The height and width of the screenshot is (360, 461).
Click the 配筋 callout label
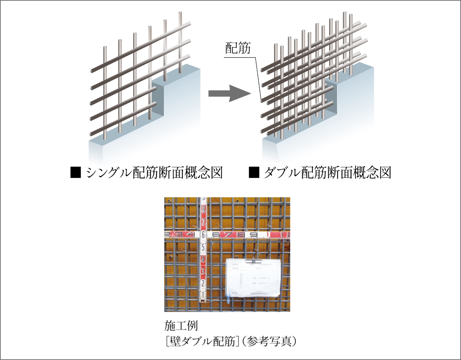[238, 48]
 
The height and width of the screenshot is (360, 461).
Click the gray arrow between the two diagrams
[229, 94]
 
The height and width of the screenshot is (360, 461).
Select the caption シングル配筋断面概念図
[154, 173]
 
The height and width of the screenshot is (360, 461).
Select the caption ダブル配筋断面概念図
[327, 173]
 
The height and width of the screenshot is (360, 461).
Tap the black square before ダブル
[254, 173]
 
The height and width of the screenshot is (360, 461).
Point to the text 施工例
[181, 326]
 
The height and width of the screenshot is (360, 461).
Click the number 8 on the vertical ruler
[204, 210]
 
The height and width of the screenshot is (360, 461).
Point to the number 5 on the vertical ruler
[203, 247]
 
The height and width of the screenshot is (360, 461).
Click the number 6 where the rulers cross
[203, 234]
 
